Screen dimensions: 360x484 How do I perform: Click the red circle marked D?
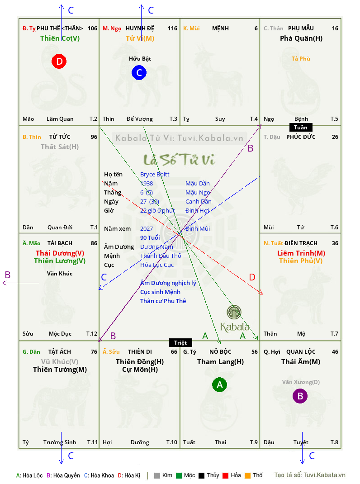(59, 61)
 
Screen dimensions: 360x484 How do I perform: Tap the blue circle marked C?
(139, 72)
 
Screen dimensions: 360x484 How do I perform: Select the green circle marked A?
(219, 384)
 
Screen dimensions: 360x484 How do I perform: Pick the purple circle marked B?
(300, 396)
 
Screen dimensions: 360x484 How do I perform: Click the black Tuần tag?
(301, 127)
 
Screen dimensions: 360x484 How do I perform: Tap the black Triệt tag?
(180, 342)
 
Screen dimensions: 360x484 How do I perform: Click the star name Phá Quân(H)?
(301, 38)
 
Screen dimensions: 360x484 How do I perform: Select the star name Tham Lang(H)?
(220, 362)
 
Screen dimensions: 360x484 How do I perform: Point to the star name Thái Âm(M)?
(301, 362)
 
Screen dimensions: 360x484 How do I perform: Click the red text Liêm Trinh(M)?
(301, 253)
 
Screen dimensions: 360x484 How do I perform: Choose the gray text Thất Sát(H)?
(60, 147)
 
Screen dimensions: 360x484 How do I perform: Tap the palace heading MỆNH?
(220, 28)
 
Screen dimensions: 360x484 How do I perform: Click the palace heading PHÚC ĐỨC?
(301, 137)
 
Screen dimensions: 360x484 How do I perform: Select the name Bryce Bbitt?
(155, 175)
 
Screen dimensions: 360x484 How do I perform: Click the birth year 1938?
(147, 183)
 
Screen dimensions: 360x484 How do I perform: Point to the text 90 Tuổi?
(150, 237)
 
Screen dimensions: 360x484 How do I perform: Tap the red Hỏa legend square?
(225, 475)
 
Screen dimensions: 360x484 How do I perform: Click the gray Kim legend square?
(157, 475)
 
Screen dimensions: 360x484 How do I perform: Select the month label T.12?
(92, 334)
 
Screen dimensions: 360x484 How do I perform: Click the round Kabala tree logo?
(234, 312)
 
